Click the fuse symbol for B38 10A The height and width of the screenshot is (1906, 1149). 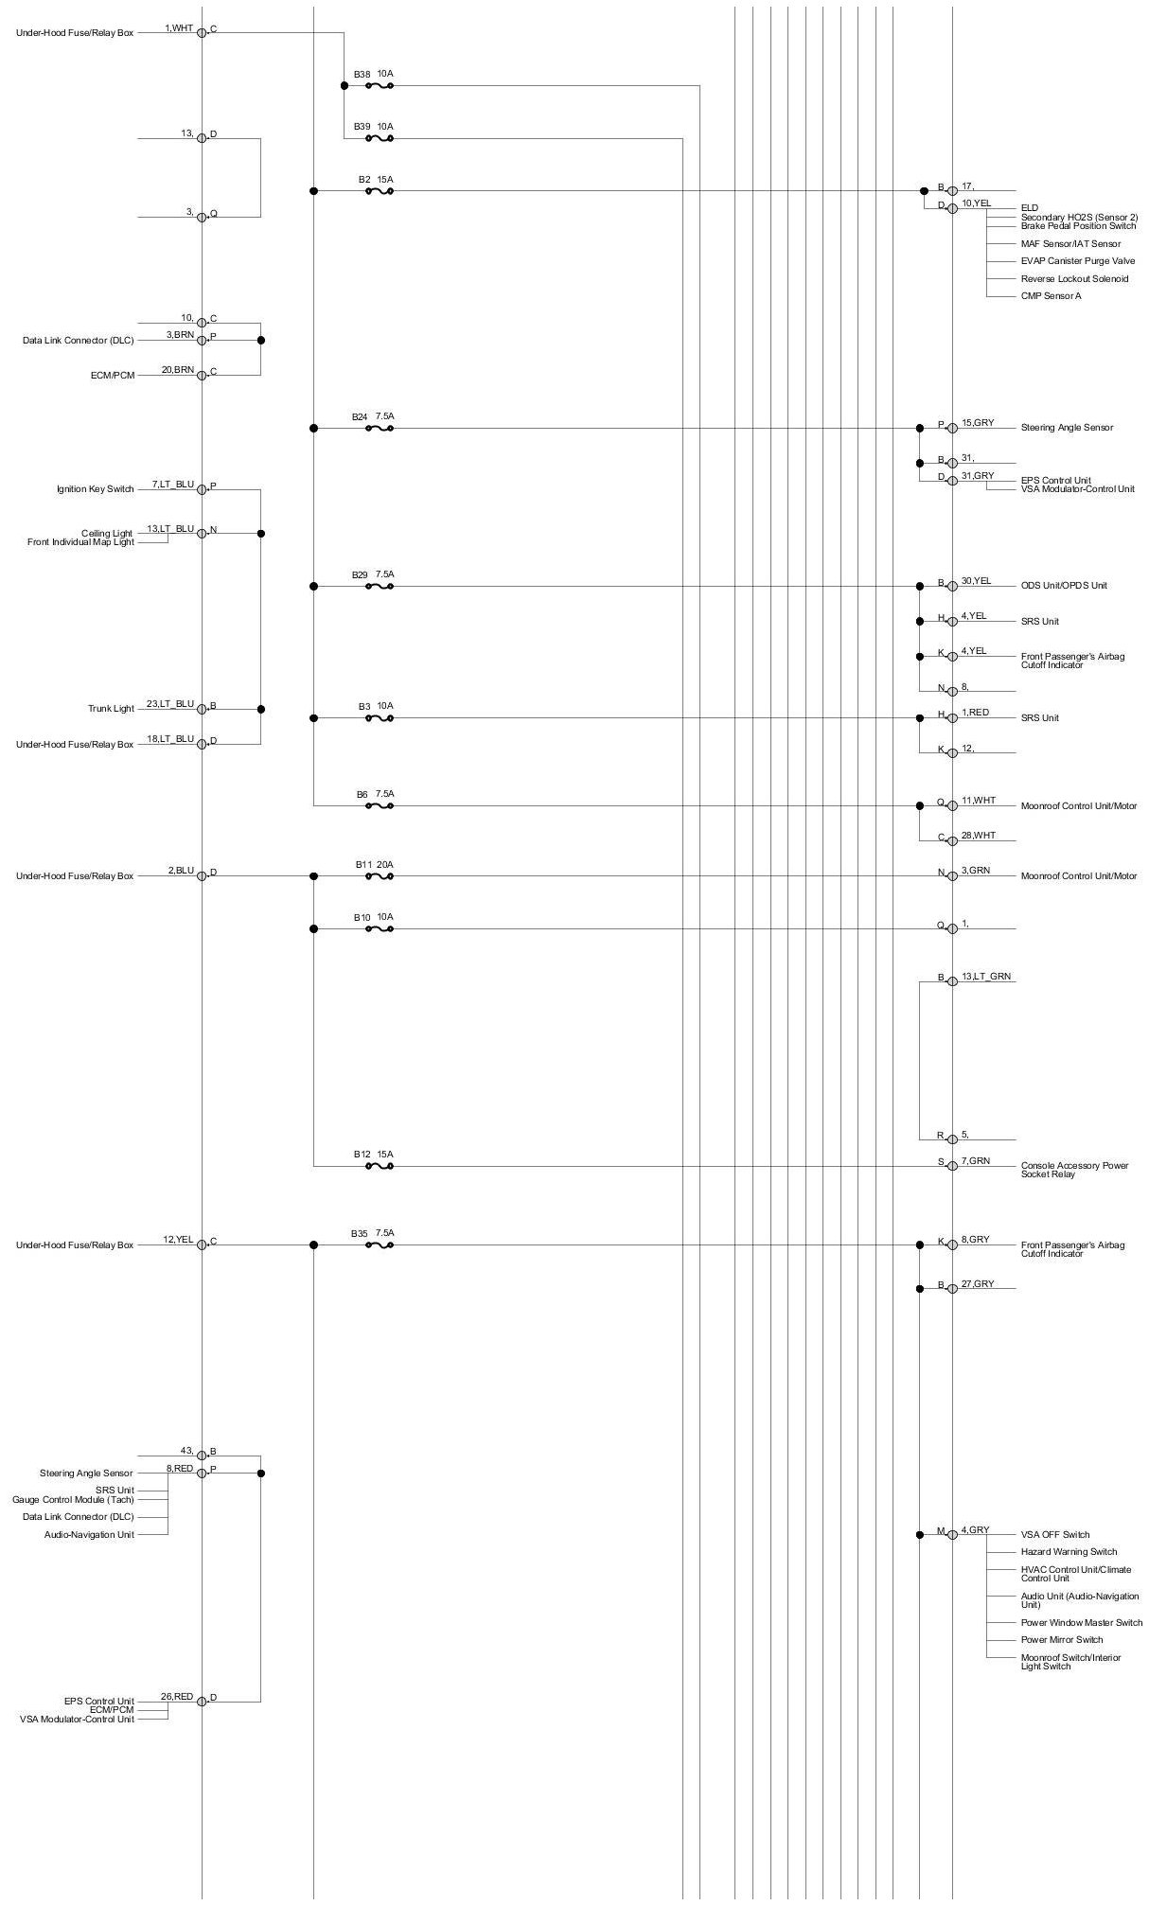(x=379, y=85)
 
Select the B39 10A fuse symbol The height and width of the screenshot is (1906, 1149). (x=379, y=138)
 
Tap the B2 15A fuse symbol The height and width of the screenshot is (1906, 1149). (x=379, y=191)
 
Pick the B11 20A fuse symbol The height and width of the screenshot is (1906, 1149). (x=379, y=876)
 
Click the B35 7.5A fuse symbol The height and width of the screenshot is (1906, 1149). (x=379, y=1245)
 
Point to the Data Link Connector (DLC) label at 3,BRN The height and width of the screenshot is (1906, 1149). (x=79, y=341)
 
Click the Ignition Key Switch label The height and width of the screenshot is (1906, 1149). (x=95, y=490)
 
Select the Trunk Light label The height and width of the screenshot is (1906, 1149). (x=111, y=710)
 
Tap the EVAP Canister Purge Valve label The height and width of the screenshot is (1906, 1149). (x=1078, y=261)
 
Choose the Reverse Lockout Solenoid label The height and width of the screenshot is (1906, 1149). (x=1074, y=279)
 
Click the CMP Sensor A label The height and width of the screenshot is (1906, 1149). (x=1051, y=296)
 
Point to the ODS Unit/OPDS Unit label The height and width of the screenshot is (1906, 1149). (x=1064, y=586)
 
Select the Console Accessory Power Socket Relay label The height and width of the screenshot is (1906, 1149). (x=1074, y=1170)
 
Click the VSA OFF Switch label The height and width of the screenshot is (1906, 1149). (x=1055, y=1535)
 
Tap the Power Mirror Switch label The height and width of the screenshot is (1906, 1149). (x=1062, y=1640)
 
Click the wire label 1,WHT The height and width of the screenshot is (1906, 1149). (x=179, y=28)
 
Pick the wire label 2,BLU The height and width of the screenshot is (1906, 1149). (x=181, y=871)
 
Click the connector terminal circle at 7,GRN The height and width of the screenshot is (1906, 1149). (x=952, y=1166)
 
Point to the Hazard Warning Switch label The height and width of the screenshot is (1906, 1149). (x=1069, y=1552)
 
